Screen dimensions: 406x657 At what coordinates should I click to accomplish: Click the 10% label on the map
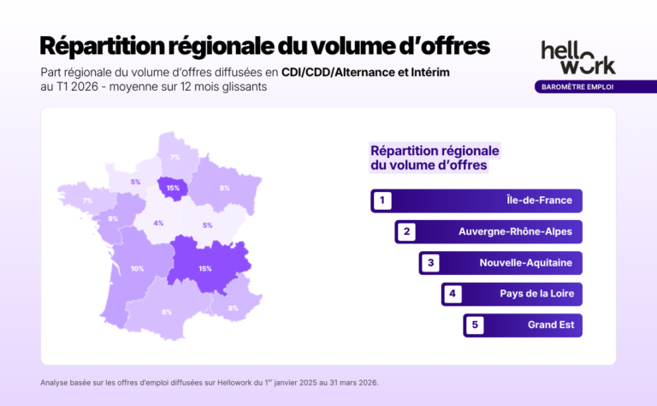click(x=137, y=269)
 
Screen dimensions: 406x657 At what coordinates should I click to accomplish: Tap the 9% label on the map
click(x=112, y=218)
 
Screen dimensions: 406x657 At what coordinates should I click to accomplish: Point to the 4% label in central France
click(x=158, y=224)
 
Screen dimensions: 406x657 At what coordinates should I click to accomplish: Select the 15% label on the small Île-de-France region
click(x=174, y=188)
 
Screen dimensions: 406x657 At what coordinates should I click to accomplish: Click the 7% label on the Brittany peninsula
click(x=87, y=200)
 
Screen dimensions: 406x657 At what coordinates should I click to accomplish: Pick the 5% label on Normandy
click(x=135, y=182)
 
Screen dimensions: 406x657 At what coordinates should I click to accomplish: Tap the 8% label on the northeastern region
click(x=224, y=188)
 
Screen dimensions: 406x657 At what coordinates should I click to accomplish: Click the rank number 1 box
click(x=382, y=201)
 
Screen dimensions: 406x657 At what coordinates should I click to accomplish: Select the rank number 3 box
click(x=430, y=263)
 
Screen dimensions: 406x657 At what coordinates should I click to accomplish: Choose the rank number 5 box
click(x=475, y=325)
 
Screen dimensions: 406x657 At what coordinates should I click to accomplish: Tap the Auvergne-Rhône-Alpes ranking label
click(x=515, y=232)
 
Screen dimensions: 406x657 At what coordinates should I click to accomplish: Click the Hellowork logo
click(x=577, y=57)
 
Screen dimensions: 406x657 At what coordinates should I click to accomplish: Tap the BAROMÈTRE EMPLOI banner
click(x=574, y=87)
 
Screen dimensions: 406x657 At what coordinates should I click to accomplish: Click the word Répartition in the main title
click(x=99, y=44)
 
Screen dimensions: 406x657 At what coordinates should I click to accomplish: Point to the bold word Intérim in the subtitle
click(x=425, y=73)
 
